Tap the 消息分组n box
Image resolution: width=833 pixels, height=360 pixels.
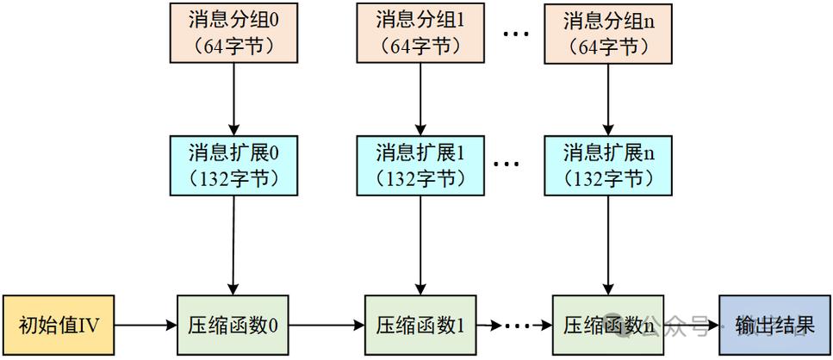[607, 33]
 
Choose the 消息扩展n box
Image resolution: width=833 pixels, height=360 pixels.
[607, 165]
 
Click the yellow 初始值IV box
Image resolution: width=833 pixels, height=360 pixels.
[58, 326]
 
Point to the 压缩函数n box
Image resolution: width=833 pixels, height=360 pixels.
[607, 326]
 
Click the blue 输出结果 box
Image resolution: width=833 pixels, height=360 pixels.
[774, 326]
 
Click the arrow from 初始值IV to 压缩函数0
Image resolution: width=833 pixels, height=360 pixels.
[146, 326]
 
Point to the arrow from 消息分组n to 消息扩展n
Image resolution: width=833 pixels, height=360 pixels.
[607, 99]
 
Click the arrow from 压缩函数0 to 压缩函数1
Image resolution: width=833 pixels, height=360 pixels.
[327, 326]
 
